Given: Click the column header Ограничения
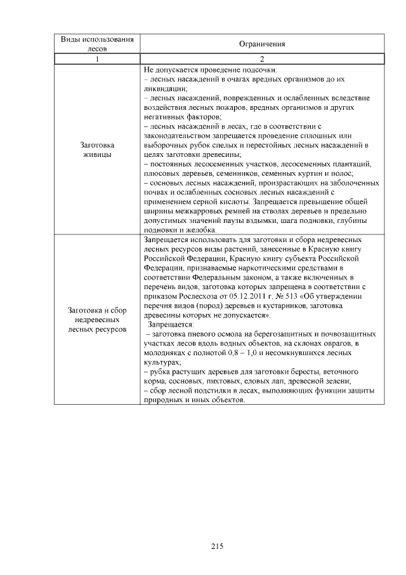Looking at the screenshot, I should pyautogui.click(x=261, y=44).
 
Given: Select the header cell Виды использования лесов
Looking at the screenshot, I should pyautogui.click(x=97, y=44).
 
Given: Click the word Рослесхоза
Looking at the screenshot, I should pyautogui.click(x=190, y=296).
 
